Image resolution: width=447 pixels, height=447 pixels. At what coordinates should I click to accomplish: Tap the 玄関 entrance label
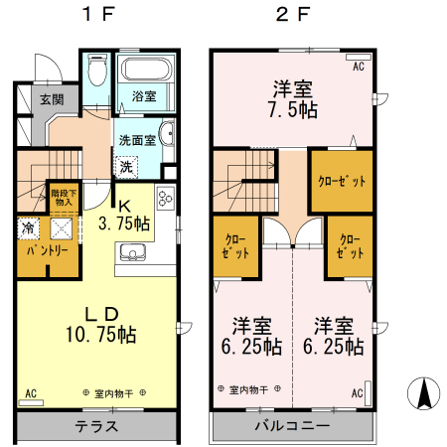(52, 99)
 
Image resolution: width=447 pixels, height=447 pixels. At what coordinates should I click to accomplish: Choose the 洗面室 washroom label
(137, 139)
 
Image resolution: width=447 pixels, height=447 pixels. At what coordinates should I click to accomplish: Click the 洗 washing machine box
(126, 166)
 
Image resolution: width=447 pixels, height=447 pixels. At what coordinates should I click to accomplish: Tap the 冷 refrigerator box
(27, 227)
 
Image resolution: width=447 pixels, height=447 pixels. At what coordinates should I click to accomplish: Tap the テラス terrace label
(97, 427)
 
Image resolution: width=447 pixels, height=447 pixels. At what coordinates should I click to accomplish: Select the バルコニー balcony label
(292, 427)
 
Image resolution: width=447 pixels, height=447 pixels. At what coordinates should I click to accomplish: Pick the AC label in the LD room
(31, 393)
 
